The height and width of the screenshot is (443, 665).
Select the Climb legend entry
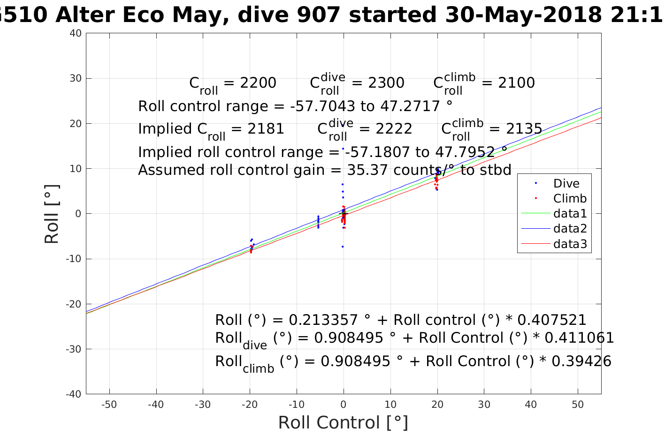coord(570,199)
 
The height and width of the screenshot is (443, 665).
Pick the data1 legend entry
coord(570,214)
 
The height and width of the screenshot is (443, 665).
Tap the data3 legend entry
coord(570,244)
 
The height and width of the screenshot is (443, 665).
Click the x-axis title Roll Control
coord(343,422)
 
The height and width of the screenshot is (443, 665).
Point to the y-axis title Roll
coord(52,214)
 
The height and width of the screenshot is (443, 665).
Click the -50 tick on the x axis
coord(109,405)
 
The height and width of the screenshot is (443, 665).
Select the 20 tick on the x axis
coord(437,405)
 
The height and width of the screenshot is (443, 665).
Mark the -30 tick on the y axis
coord(75,349)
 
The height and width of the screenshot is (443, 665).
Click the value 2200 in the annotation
coord(258,83)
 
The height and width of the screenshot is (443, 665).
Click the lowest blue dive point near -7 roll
coord(343,247)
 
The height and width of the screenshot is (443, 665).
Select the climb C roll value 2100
coord(516,83)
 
